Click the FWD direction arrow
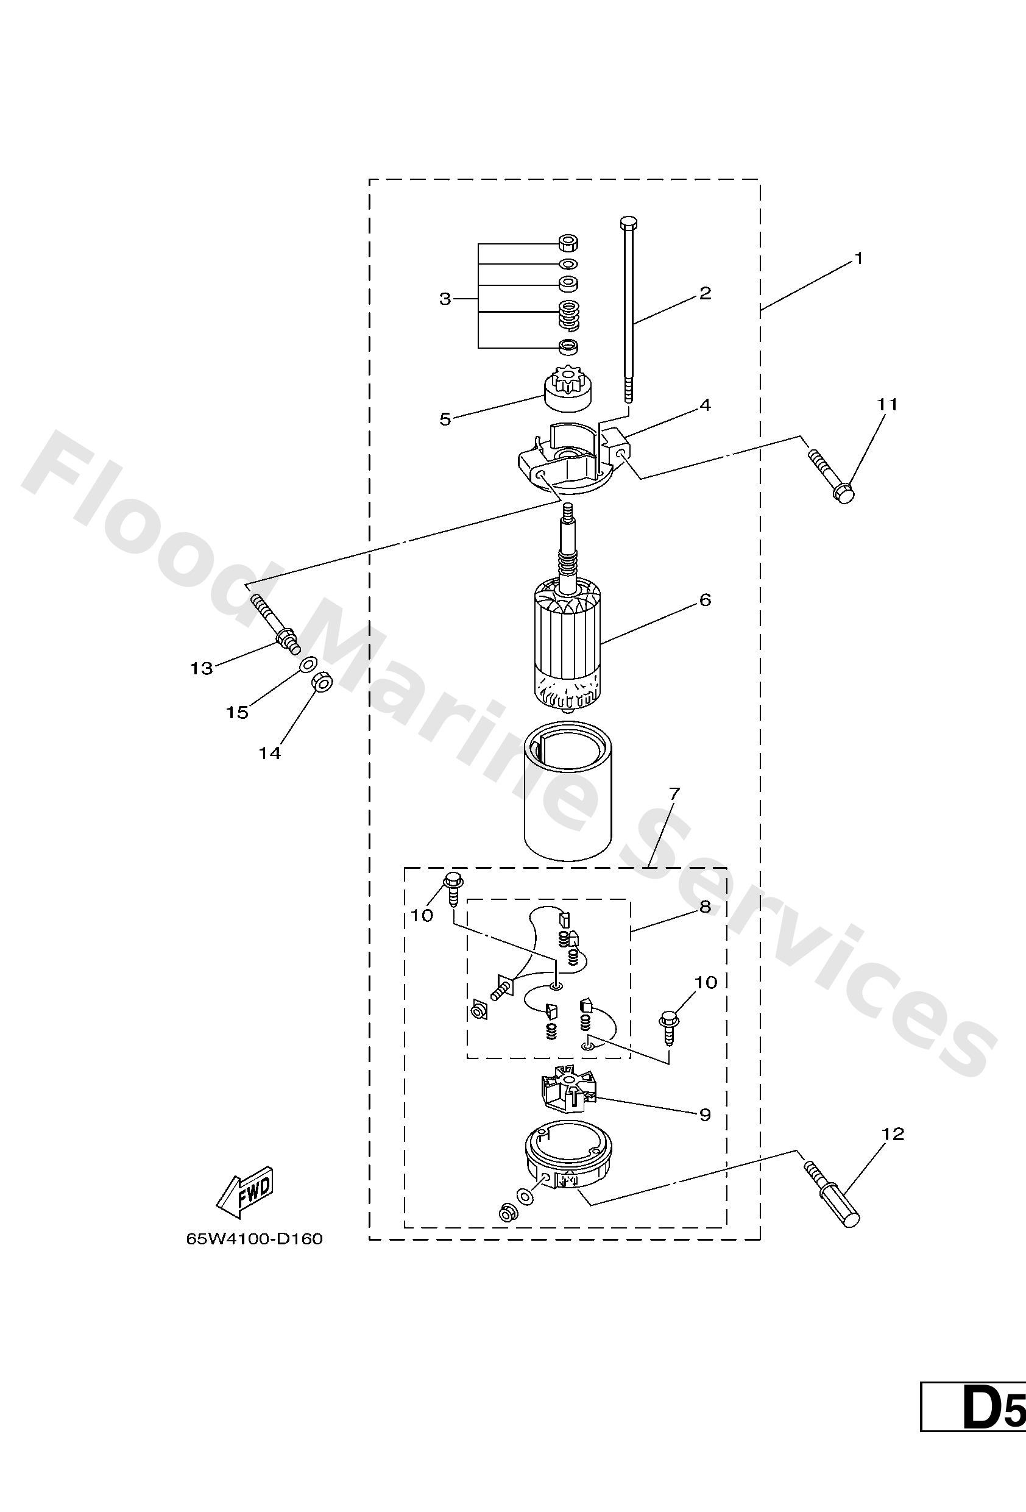tap(245, 1194)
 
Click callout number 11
tap(887, 405)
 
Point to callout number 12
tap(893, 1134)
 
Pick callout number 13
tap(202, 668)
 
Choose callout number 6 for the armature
tap(706, 599)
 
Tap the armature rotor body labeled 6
tap(567, 641)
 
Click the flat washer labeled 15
tap(308, 665)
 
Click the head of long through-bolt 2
tap(629, 222)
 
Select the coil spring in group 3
tap(569, 316)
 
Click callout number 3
tap(445, 299)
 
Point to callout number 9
tap(705, 1114)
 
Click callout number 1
tap(858, 259)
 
